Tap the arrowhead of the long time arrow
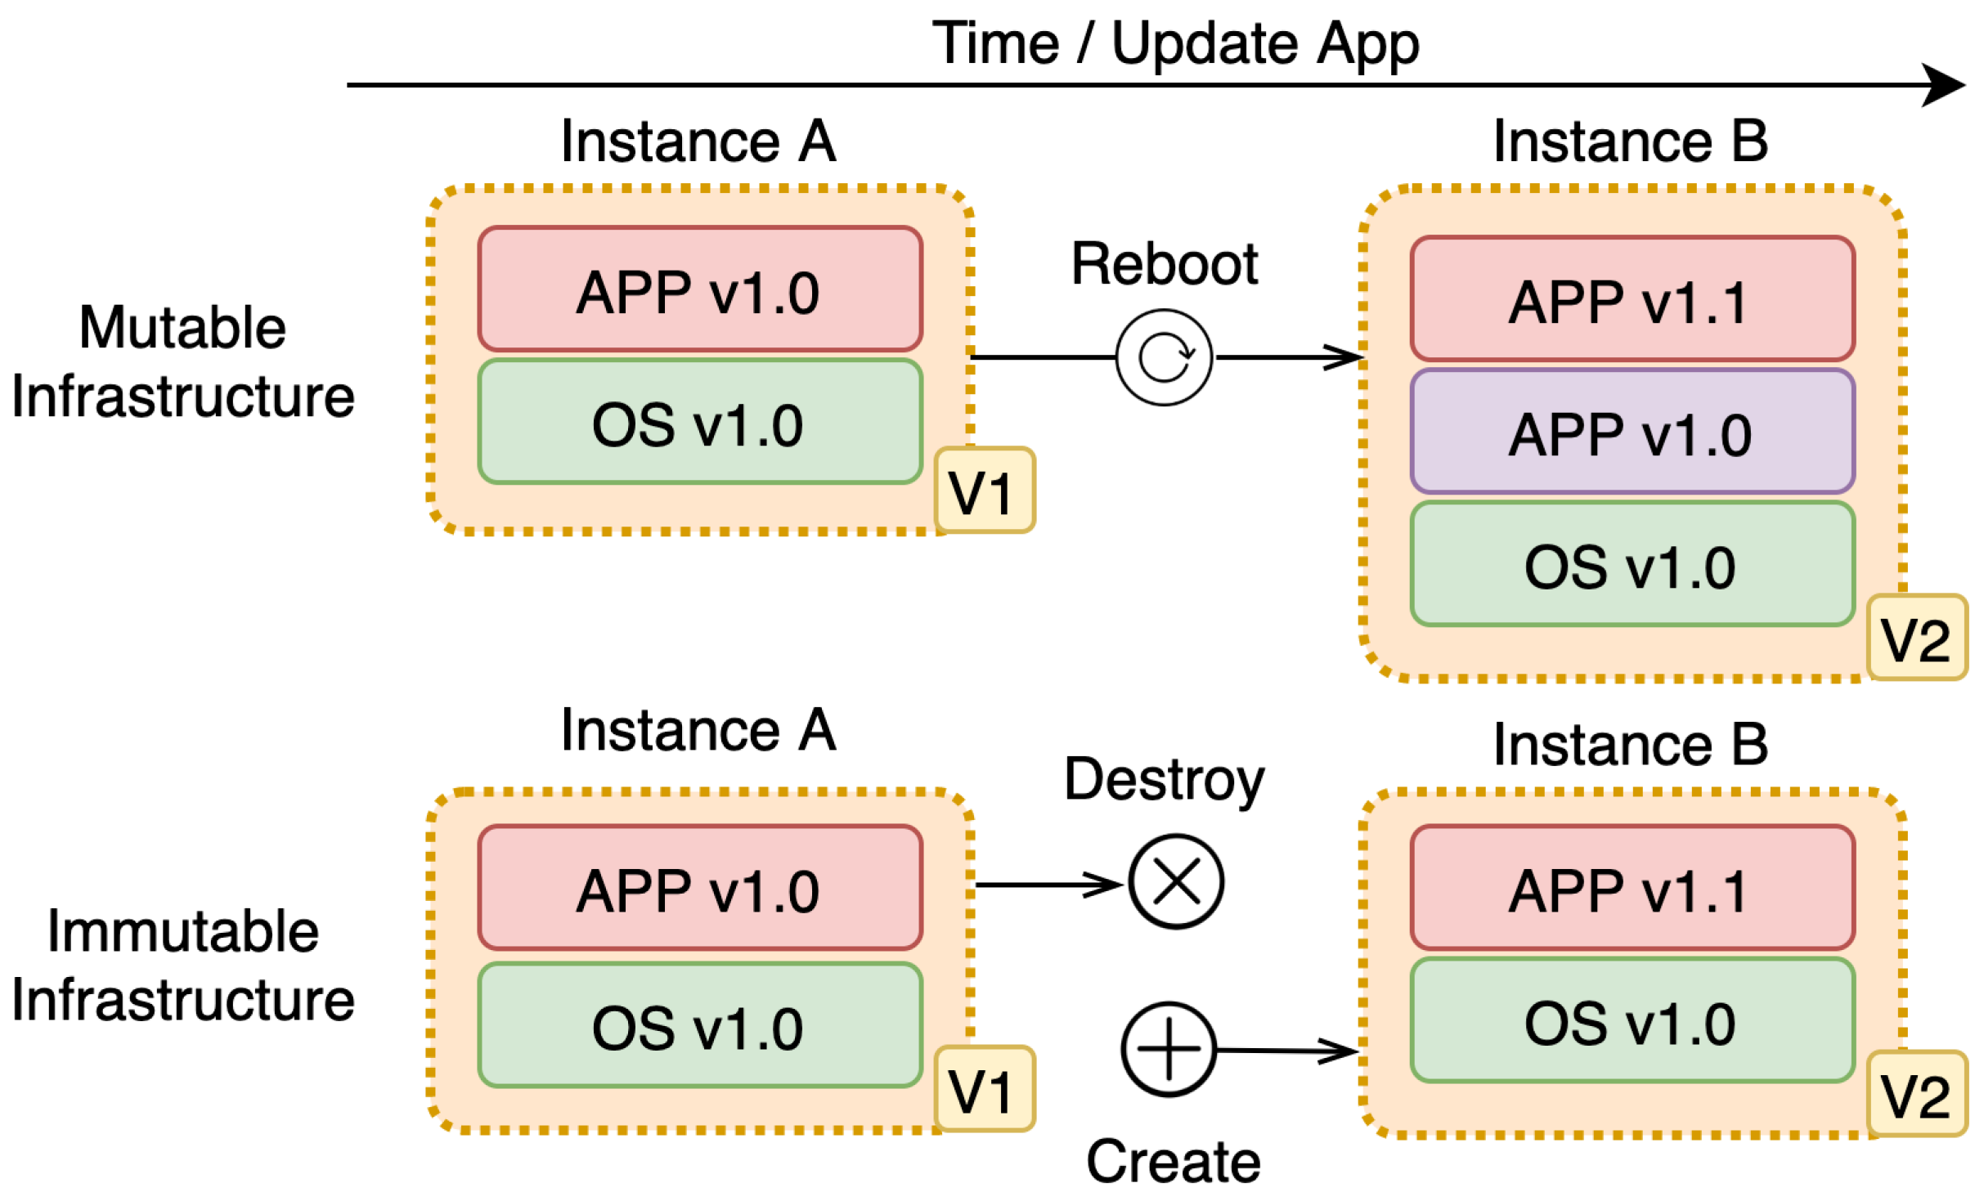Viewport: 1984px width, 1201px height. point(1946,85)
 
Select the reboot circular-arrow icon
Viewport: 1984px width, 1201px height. point(1165,357)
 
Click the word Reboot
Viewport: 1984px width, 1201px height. point(1165,264)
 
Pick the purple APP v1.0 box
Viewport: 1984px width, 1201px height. point(1632,432)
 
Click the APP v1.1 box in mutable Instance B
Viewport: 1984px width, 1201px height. point(1632,299)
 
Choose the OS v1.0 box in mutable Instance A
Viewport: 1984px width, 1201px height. point(700,422)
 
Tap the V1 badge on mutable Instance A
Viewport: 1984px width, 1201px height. point(985,491)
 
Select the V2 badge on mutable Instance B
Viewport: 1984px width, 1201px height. point(1916,638)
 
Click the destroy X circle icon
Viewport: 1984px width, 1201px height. point(1176,882)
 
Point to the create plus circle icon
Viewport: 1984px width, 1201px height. point(1169,1050)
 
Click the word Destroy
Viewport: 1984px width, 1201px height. point(1165,780)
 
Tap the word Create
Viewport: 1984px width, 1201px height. point(1173,1162)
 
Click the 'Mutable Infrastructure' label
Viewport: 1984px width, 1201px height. point(183,361)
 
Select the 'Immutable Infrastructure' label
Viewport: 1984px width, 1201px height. point(183,966)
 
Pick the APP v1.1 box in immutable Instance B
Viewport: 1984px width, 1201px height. point(1632,888)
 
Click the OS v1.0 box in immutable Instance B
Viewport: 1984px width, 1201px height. point(1632,1021)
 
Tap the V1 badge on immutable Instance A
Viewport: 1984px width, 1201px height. point(985,1089)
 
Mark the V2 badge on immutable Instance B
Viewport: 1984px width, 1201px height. point(1916,1094)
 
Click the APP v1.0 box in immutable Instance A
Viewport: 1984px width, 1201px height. point(700,888)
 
